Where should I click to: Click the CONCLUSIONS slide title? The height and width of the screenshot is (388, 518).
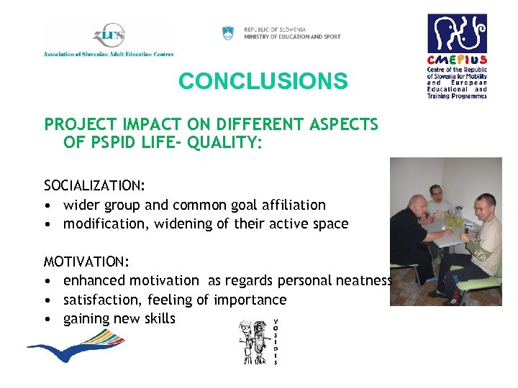coord(263,81)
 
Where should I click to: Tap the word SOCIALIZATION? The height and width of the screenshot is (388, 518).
coord(94,186)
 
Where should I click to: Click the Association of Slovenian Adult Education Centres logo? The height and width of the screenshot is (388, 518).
coord(108,40)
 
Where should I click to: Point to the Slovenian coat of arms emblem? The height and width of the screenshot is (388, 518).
coord(228,33)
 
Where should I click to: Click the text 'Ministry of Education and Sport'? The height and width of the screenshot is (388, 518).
coord(292,37)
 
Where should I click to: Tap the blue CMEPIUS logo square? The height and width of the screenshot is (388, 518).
coord(457,33)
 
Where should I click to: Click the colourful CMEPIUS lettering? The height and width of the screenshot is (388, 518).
coord(457,61)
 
